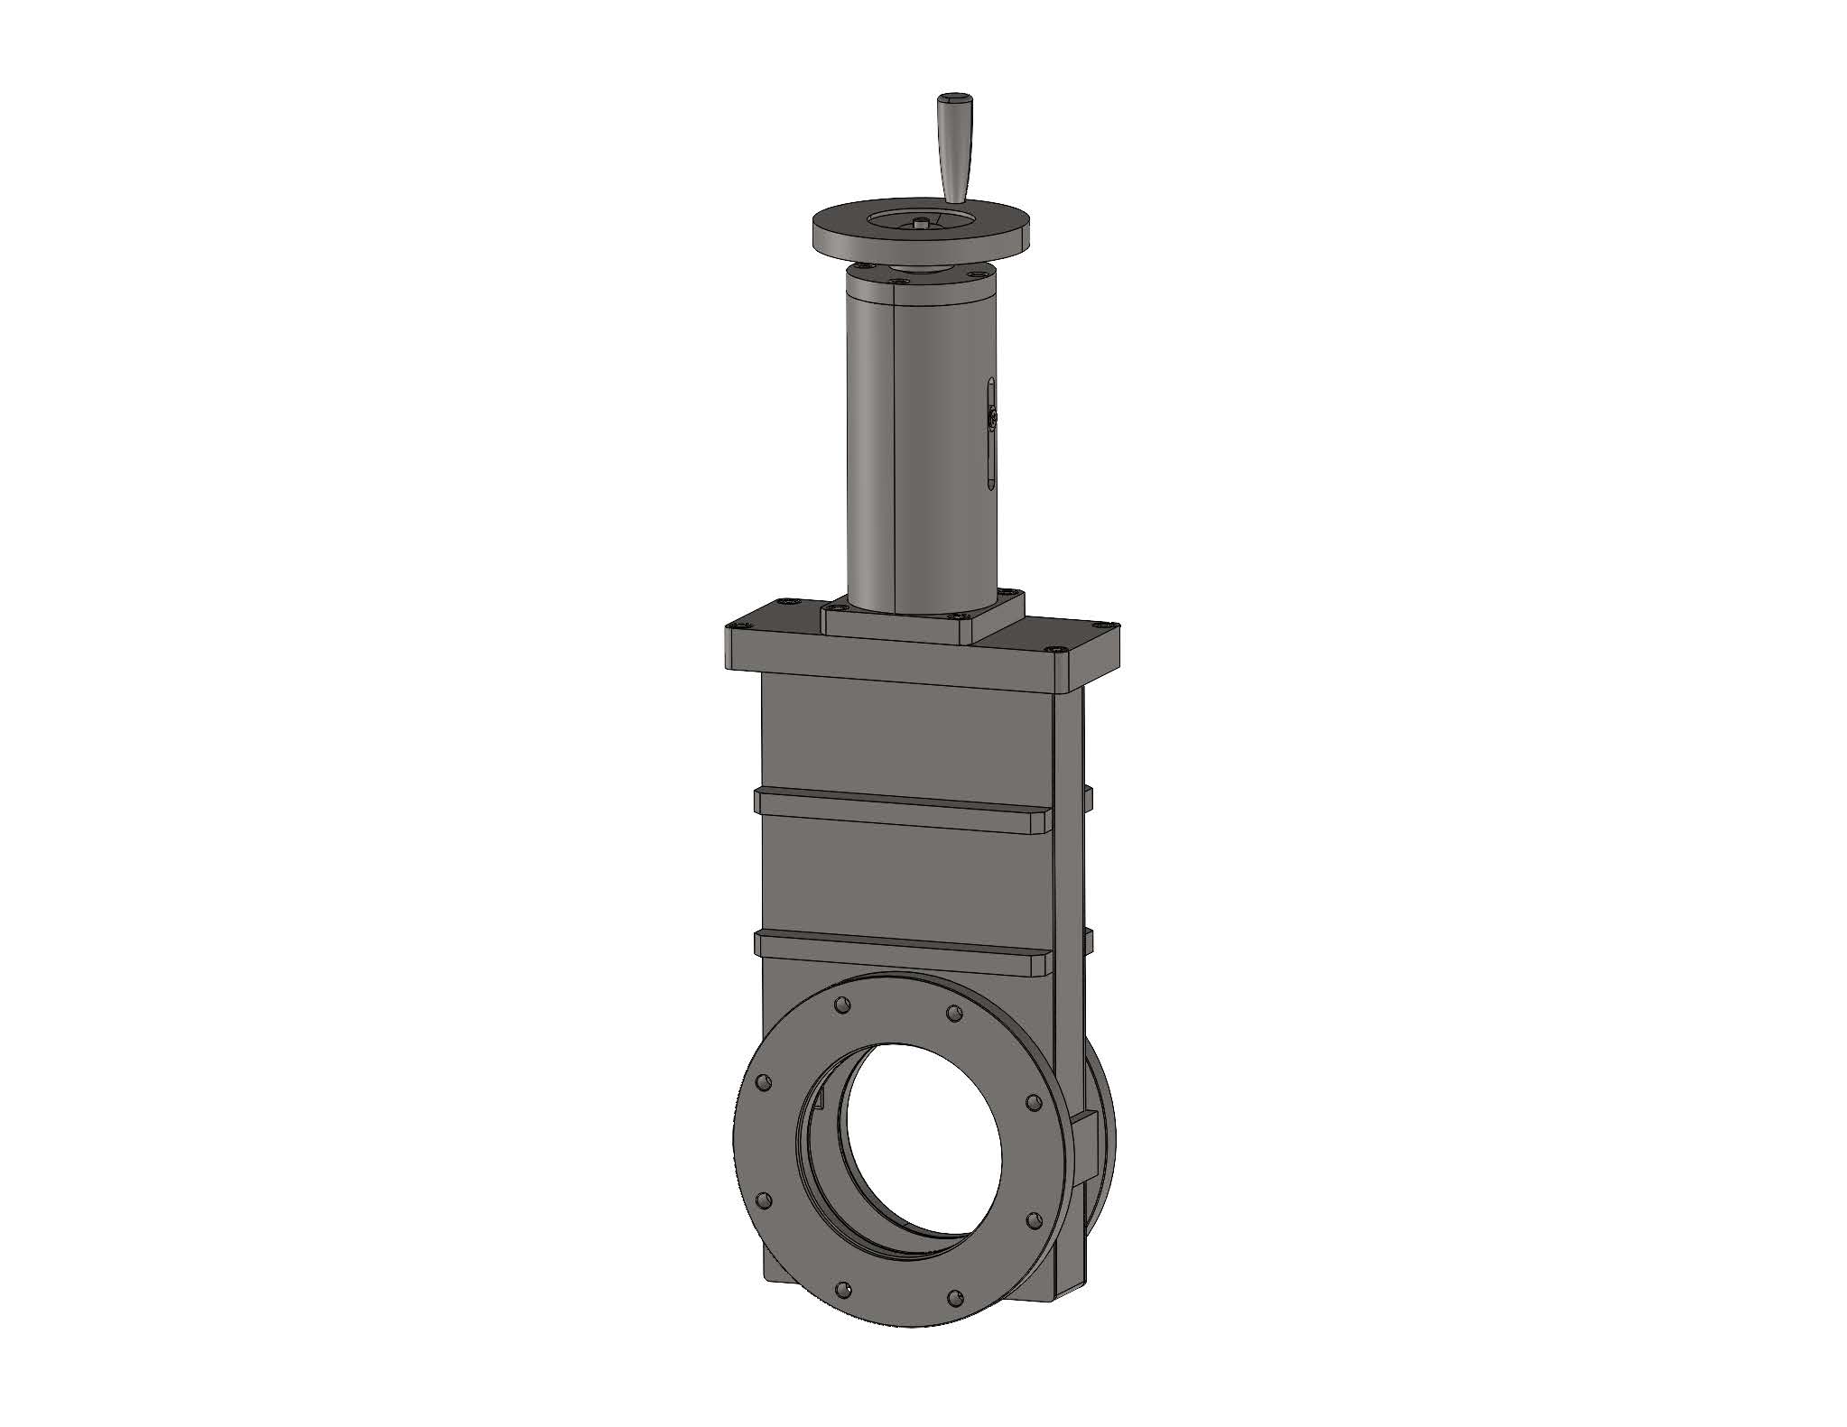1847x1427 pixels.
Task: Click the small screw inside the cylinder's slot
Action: [x=992, y=418]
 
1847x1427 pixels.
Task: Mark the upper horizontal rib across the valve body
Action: [x=903, y=808]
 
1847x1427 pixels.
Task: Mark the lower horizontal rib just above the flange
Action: [x=903, y=952]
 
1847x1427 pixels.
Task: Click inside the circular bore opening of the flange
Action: [x=921, y=1146]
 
